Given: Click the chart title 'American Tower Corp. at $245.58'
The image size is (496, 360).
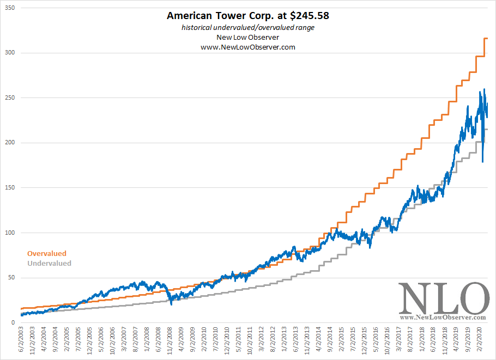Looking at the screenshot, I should [248, 16].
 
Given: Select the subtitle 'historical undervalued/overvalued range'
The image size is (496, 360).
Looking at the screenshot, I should [248, 27].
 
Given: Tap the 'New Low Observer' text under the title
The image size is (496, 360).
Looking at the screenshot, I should [248, 37].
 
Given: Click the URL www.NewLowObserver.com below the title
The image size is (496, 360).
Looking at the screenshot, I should [248, 47].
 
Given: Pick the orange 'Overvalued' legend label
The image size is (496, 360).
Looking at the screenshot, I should [47, 253].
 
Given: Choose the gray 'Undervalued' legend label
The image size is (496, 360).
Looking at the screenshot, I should [49, 263].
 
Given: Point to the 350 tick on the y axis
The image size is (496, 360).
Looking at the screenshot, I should [9, 8].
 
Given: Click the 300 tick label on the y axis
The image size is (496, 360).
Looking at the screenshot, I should [9, 53].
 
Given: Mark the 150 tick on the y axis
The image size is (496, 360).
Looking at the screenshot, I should [9, 188].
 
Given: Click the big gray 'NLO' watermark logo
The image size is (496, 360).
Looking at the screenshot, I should [443, 298].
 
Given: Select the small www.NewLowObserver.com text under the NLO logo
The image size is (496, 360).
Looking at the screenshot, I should [443, 317].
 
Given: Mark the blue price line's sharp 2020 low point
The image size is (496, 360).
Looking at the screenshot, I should [482, 162].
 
